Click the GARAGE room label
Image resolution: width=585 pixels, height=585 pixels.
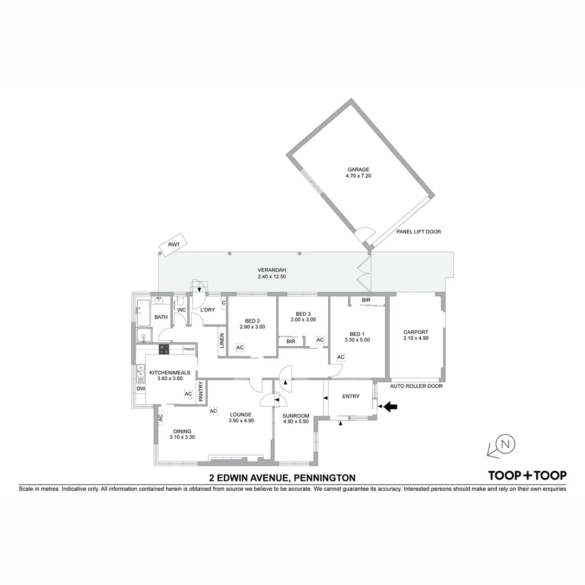click(358, 170)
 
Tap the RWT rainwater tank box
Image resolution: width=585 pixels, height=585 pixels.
click(173, 245)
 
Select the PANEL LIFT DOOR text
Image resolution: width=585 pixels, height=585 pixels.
click(419, 232)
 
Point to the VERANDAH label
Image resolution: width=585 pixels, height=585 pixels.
click(271, 270)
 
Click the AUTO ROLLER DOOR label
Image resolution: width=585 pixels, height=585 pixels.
click(417, 386)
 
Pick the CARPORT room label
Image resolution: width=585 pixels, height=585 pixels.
click(415, 332)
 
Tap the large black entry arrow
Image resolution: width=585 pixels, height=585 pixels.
click(390, 406)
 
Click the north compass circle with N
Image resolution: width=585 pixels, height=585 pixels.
click(506, 444)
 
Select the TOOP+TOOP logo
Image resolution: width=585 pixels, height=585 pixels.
click(527, 476)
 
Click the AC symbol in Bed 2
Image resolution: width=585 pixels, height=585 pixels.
click(240, 347)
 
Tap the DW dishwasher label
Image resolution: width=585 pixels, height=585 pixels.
click(140, 388)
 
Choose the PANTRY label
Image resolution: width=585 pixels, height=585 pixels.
click(200, 391)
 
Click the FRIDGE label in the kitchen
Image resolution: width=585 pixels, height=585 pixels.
click(188, 349)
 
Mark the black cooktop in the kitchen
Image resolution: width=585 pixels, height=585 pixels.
click(164, 349)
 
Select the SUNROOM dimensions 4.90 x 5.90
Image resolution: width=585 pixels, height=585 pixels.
click(295, 421)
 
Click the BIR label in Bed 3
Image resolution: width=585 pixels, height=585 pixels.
click(291, 341)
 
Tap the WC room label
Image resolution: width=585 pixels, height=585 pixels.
click(181, 310)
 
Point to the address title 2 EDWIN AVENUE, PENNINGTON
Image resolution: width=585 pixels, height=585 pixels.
click(282, 478)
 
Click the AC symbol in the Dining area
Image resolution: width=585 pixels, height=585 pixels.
click(160, 418)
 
